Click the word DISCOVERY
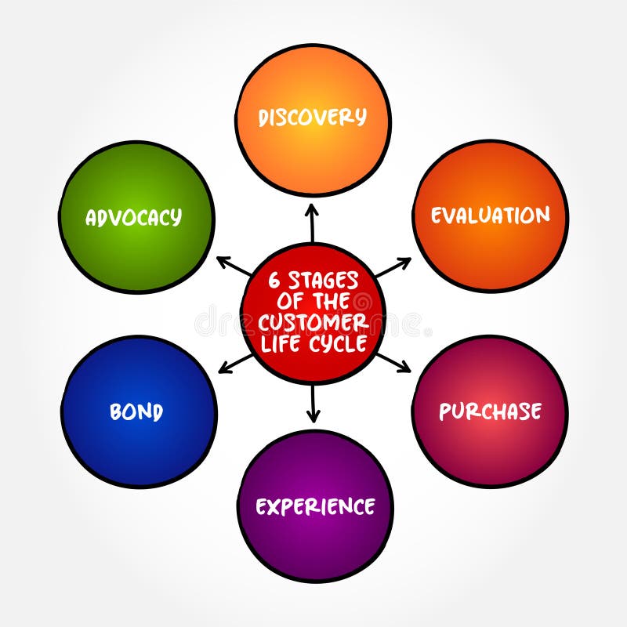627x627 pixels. tap(313, 118)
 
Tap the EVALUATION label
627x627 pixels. tap(490, 216)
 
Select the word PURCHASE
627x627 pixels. tap(490, 411)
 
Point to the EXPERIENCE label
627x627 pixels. tap(315, 506)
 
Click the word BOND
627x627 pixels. tap(136, 412)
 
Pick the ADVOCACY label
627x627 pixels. tap(133, 217)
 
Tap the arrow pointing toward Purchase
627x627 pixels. tap(393, 361)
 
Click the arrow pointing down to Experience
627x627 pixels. tap(313, 404)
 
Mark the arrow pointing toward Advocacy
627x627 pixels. tap(234, 266)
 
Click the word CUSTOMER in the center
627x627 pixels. tap(313, 323)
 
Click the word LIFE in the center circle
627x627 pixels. tap(284, 343)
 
